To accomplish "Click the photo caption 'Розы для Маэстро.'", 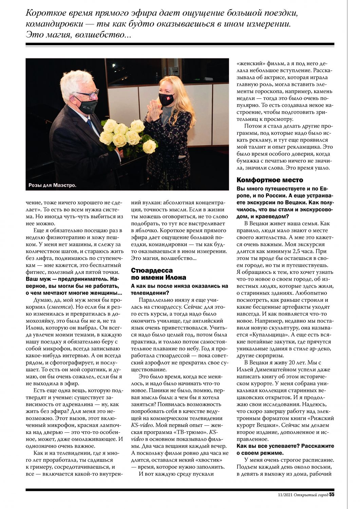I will [53, 185].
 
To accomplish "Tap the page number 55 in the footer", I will [331, 494].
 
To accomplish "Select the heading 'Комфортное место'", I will [270, 180].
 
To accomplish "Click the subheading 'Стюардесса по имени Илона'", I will [152, 274].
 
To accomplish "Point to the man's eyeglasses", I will [88, 93].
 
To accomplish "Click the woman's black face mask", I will [166, 100].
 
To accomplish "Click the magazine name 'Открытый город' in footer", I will [311, 495].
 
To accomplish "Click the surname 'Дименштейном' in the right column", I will [274, 377].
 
